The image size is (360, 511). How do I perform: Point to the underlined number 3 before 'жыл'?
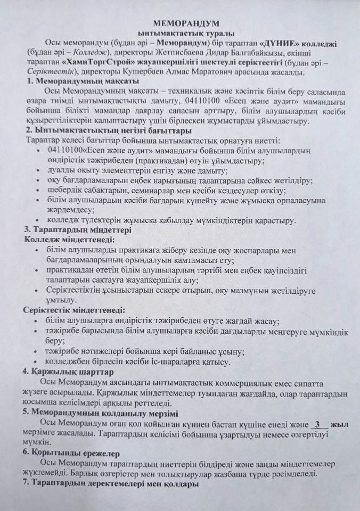[317, 424]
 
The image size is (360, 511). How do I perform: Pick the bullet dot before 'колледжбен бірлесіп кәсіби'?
[36, 362]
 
